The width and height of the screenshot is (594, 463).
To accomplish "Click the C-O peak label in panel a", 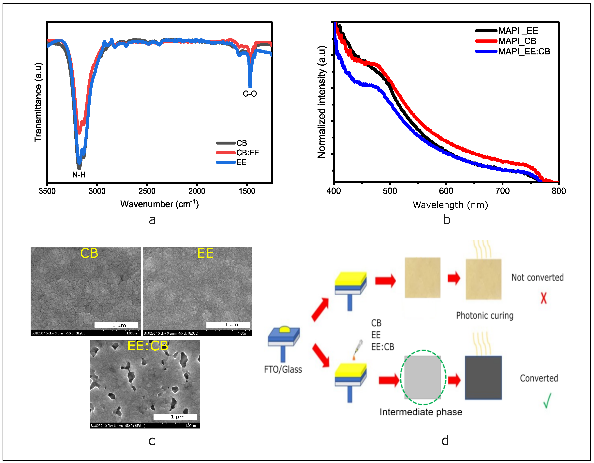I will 250,94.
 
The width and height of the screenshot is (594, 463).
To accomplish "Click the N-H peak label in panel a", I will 79,175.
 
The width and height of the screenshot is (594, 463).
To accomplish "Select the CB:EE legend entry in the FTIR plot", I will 247,153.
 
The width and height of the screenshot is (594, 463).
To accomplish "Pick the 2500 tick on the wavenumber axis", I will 147,191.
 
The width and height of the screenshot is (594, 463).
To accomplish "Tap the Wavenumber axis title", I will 159,204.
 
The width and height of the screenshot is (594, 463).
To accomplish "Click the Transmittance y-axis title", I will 38,102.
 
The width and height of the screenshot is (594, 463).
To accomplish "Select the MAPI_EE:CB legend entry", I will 524,51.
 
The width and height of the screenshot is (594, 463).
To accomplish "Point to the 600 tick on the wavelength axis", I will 446,191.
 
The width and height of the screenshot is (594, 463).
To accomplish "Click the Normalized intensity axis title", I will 321,102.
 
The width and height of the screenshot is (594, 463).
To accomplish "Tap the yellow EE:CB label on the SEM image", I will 148,346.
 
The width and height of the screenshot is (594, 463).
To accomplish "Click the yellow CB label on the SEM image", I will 89,253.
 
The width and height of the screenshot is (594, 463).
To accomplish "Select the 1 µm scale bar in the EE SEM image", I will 228,324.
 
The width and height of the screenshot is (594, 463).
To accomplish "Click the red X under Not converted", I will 543,298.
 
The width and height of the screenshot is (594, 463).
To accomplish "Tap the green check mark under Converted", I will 547,400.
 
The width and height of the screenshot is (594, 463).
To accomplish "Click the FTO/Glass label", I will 283,370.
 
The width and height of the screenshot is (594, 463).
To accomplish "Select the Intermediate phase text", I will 421,412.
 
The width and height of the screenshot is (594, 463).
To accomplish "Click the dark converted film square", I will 483,378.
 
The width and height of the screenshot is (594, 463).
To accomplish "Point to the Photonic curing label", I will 485,316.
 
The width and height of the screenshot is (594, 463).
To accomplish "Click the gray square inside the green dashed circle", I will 423,377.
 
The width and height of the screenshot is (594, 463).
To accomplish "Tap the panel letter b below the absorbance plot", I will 447,219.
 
